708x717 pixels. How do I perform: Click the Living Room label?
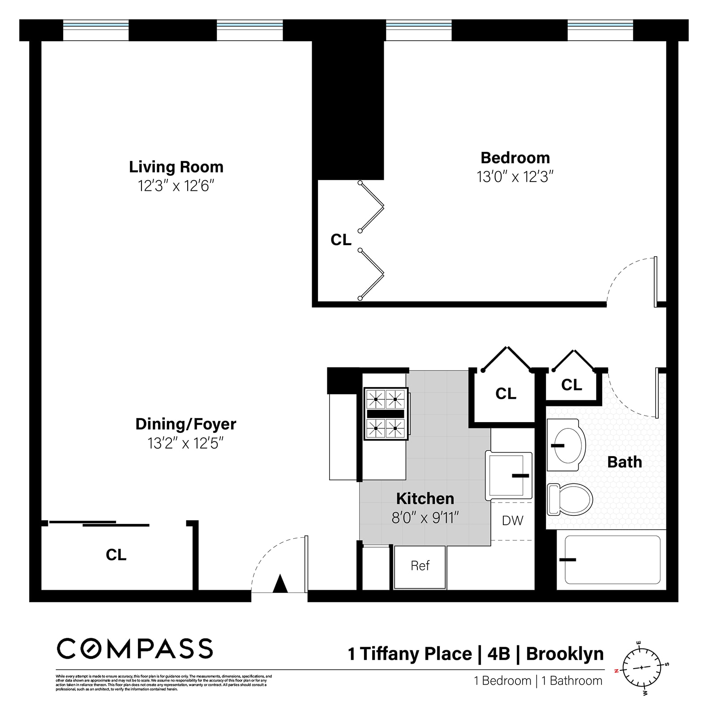(176, 167)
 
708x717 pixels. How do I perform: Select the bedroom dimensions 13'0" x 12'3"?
(515, 177)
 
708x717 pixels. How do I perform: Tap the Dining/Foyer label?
(185, 424)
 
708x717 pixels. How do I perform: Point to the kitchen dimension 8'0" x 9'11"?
(425, 518)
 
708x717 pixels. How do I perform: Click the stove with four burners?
(386, 414)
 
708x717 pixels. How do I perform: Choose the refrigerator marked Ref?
(420, 566)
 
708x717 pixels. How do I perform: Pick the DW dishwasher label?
(512, 520)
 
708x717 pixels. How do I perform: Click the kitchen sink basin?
(506, 475)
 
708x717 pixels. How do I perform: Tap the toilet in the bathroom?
(570, 499)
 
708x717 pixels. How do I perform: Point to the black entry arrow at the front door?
(280, 583)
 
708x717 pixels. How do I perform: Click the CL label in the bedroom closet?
(341, 240)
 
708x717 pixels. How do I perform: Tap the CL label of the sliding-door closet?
(116, 555)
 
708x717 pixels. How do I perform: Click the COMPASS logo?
(134, 648)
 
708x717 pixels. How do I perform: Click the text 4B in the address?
(498, 654)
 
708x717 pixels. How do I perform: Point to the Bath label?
(624, 462)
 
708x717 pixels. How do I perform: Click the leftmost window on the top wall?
(96, 30)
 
